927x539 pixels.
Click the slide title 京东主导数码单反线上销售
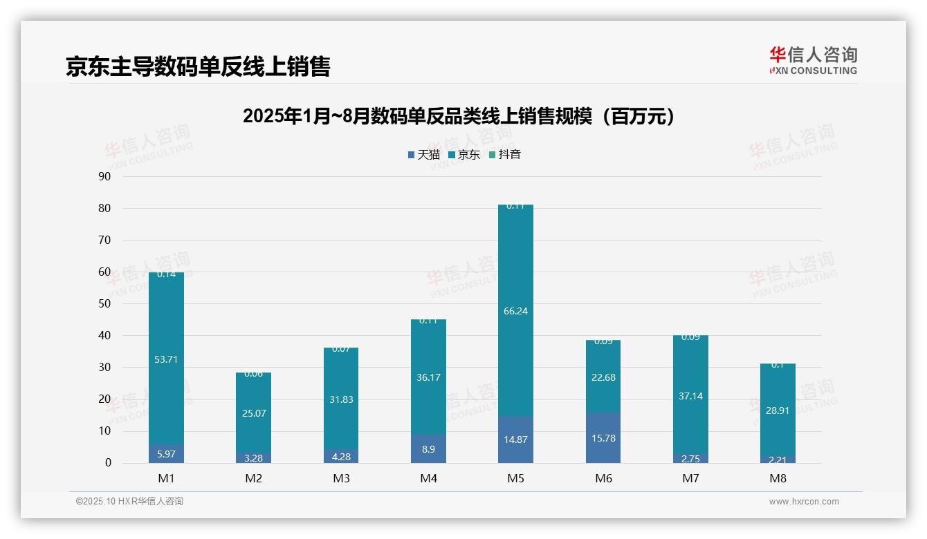tap(198, 66)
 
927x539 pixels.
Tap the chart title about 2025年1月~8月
tap(458, 116)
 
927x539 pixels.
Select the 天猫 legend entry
tap(424, 155)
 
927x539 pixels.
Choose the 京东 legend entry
tap(464, 155)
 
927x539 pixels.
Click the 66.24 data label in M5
tap(515, 311)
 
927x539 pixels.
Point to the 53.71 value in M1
tap(166, 359)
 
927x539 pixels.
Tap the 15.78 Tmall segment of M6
tap(603, 438)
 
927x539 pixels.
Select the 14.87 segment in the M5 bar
tap(515, 439)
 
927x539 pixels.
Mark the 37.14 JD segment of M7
tap(690, 396)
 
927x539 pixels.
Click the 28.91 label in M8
tap(778, 410)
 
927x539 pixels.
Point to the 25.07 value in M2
tap(253, 413)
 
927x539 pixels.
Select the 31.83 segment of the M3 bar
tap(341, 399)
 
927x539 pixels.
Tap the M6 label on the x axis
tap(603, 478)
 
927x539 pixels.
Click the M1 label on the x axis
tap(166, 478)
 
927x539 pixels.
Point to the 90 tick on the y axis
tap(104, 176)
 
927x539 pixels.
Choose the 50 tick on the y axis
tap(104, 303)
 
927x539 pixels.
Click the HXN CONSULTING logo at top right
tap(814, 61)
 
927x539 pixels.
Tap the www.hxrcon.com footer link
tap(803, 502)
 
